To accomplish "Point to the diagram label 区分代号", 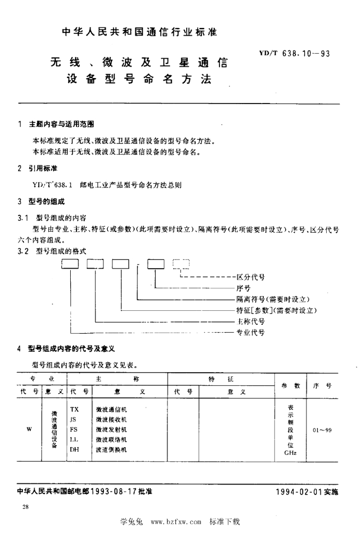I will tap(251, 277).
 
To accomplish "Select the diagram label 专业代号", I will tap(251, 332).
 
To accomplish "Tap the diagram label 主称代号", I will tap(251, 321).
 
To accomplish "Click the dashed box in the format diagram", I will tap(181, 264).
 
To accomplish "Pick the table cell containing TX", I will tap(74, 409).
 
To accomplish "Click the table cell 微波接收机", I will tap(111, 420).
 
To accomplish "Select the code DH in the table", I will tap(74, 449).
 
